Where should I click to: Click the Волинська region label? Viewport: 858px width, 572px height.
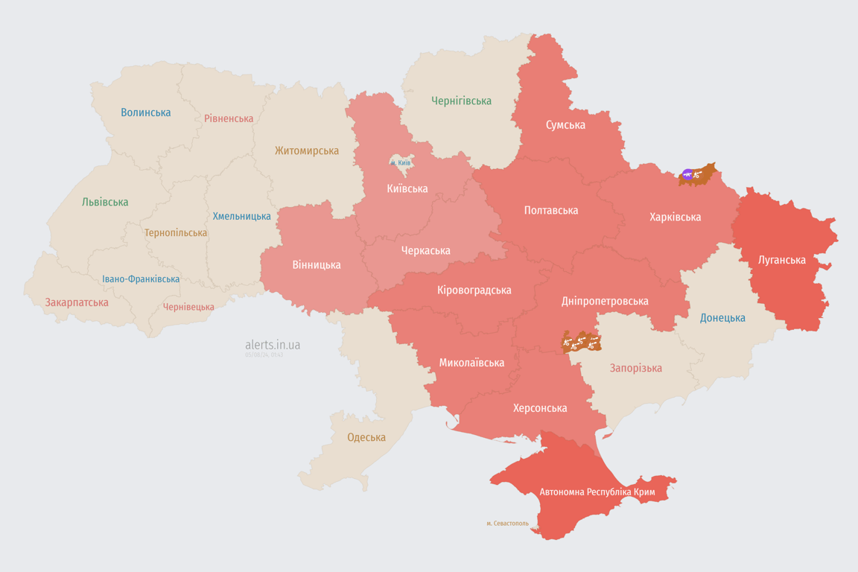(145, 112)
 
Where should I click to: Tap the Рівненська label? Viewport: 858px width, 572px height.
(229, 118)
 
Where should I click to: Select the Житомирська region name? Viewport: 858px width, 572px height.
(306, 150)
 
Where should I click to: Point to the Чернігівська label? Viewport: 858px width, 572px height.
(461, 101)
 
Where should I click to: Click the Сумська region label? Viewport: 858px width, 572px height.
(565, 124)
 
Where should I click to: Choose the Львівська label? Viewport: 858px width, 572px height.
(105, 202)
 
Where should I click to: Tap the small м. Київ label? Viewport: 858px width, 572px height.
(400, 162)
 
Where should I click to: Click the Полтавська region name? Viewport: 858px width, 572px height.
(550, 210)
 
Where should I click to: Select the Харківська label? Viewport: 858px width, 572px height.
(675, 217)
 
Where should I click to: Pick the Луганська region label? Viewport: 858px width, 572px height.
(781, 260)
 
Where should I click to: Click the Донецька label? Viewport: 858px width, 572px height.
(722, 318)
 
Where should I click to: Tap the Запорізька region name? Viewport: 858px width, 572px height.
(635, 368)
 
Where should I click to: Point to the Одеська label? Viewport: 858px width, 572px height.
(366, 437)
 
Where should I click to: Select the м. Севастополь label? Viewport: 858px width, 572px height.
(507, 524)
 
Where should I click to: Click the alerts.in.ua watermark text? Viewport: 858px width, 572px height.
(273, 345)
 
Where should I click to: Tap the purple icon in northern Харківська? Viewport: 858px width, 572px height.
(687, 175)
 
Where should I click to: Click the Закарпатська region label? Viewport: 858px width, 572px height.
(77, 302)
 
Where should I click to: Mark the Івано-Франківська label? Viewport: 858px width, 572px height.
(141, 279)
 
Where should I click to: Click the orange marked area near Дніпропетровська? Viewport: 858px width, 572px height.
(581, 342)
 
